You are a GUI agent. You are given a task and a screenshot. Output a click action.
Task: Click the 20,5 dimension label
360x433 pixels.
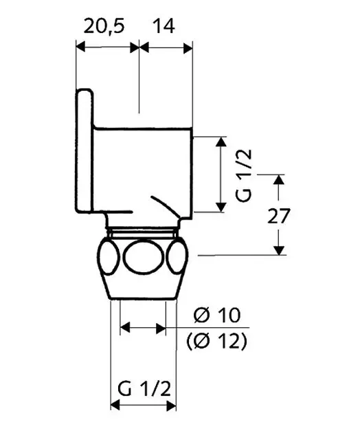pos(104,26)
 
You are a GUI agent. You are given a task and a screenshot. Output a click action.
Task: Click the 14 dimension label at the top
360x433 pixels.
pos(164,26)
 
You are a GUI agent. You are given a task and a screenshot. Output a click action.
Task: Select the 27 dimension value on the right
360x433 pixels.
pos(279,216)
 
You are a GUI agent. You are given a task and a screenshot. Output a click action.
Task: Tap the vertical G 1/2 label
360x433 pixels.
pos(244,175)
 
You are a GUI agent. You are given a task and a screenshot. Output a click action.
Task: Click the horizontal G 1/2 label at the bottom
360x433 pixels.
pos(144,389)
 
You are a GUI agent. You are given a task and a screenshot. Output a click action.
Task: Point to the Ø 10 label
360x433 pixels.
pos(217,315)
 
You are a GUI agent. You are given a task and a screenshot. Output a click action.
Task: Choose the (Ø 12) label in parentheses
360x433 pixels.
pos(216,342)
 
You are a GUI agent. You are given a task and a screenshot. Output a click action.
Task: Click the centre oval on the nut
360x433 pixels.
pos(143,257)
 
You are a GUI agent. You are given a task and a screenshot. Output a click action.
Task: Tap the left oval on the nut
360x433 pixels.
pos(109,257)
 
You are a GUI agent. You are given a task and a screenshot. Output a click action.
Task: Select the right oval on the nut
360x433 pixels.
pos(177,257)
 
